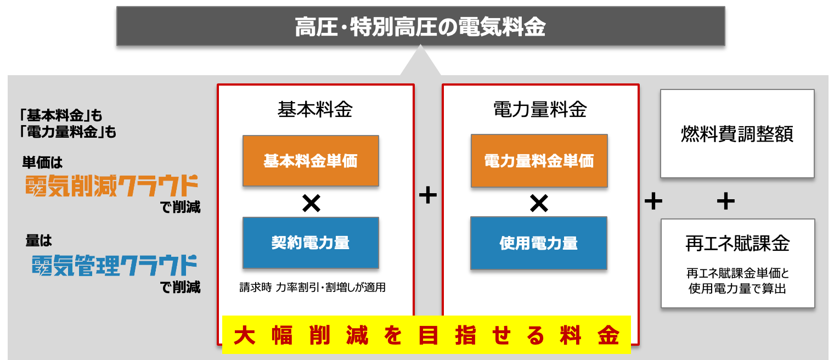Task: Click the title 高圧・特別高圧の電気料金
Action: point(420,26)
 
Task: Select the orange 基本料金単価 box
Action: point(311,161)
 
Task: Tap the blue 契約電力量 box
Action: point(311,243)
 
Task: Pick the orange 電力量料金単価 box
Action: point(539,161)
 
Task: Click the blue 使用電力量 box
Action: point(539,243)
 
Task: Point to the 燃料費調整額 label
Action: point(737,134)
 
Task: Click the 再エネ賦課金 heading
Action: point(737,244)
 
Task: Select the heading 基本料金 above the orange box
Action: point(315,110)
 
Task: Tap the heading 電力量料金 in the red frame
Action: point(540,110)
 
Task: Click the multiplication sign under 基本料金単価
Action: point(311,204)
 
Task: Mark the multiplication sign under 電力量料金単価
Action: point(539,204)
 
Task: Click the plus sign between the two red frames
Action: point(428,195)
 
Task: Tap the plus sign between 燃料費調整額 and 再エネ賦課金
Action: point(725,201)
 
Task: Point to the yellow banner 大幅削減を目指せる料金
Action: point(426,335)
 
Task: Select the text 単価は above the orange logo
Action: point(43,162)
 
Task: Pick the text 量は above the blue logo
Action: point(38,240)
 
